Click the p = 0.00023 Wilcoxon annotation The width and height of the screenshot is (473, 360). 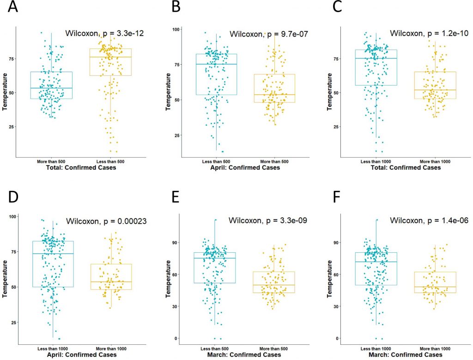(x=107, y=221)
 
